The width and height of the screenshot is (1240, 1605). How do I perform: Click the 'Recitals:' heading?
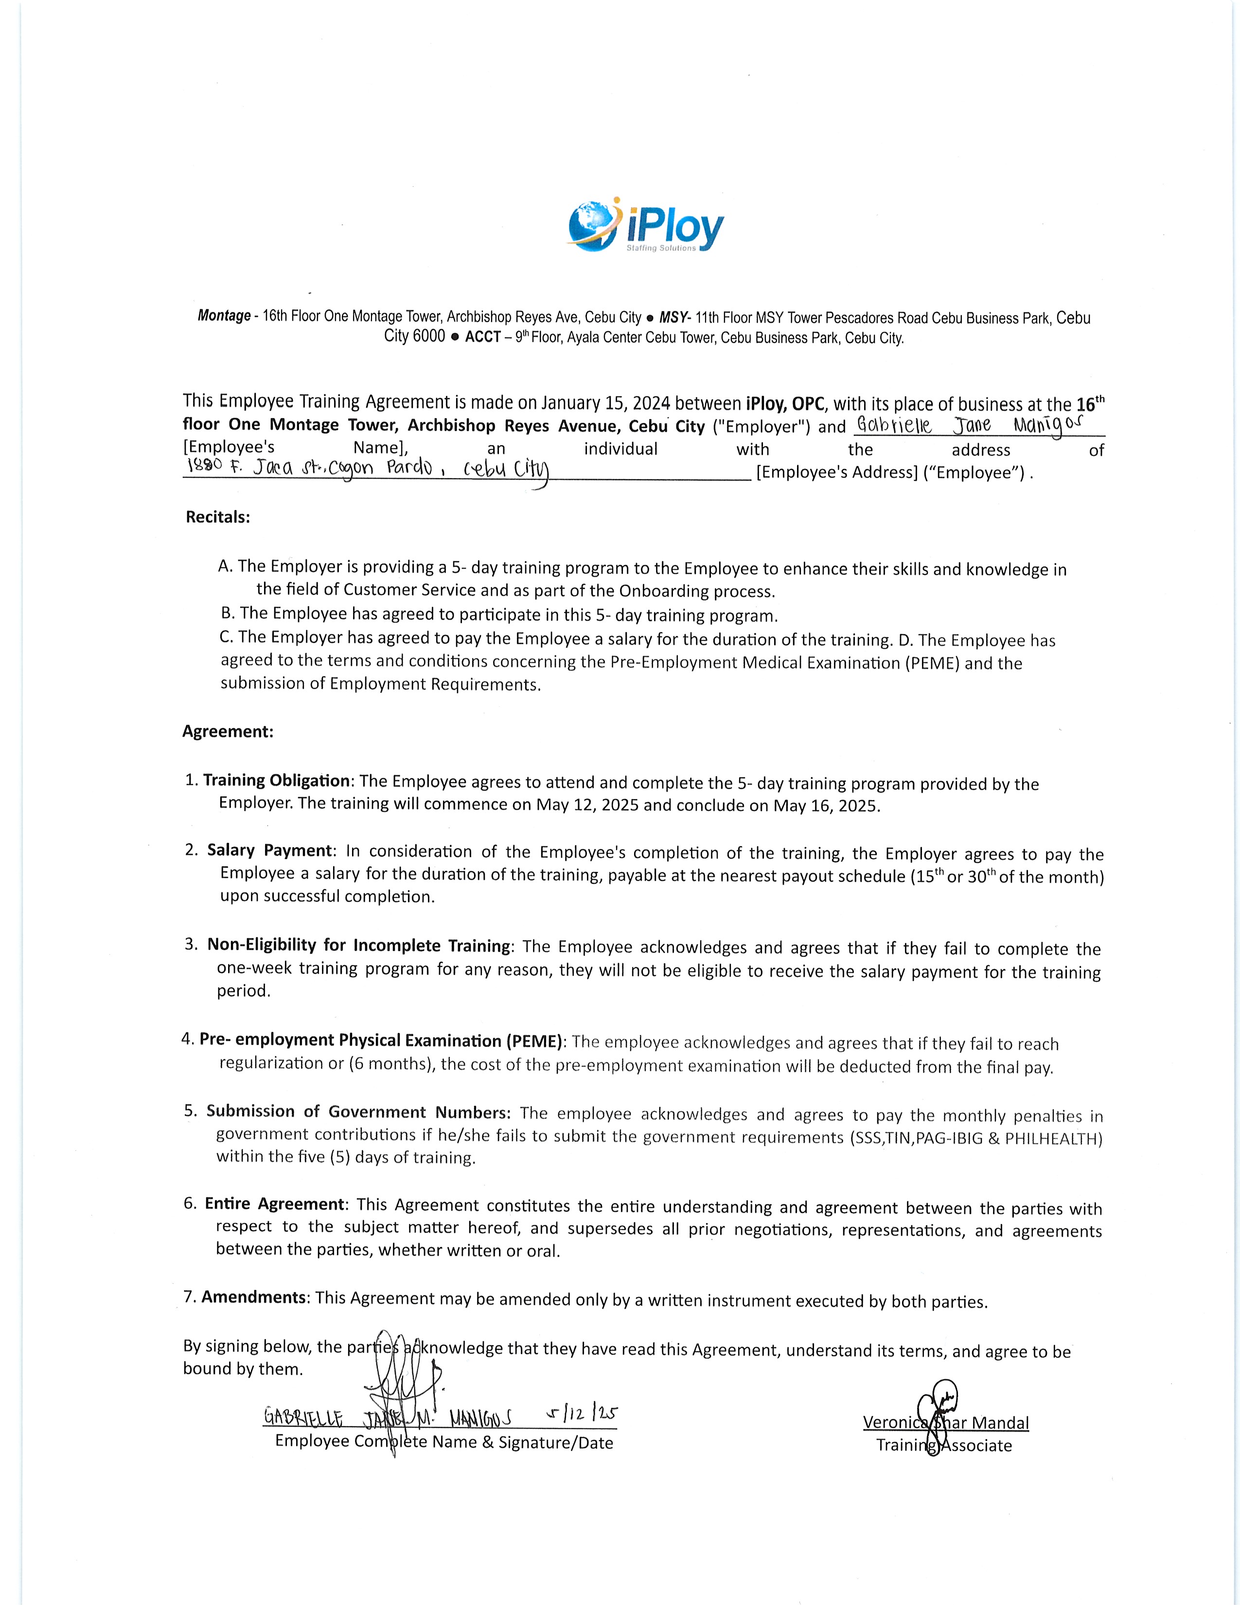[x=218, y=517]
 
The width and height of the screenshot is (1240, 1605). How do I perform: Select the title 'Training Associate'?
[x=944, y=1445]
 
